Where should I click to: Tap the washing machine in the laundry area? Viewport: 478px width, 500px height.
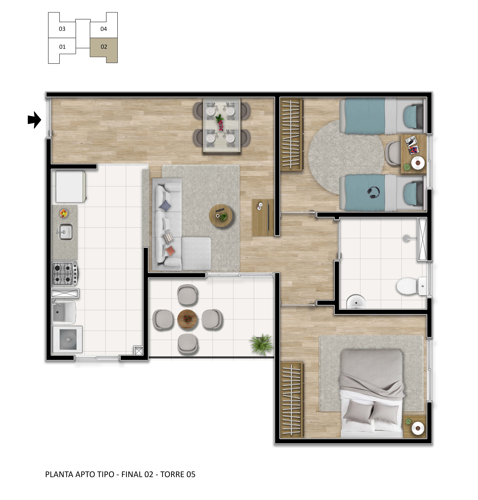[67, 339]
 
